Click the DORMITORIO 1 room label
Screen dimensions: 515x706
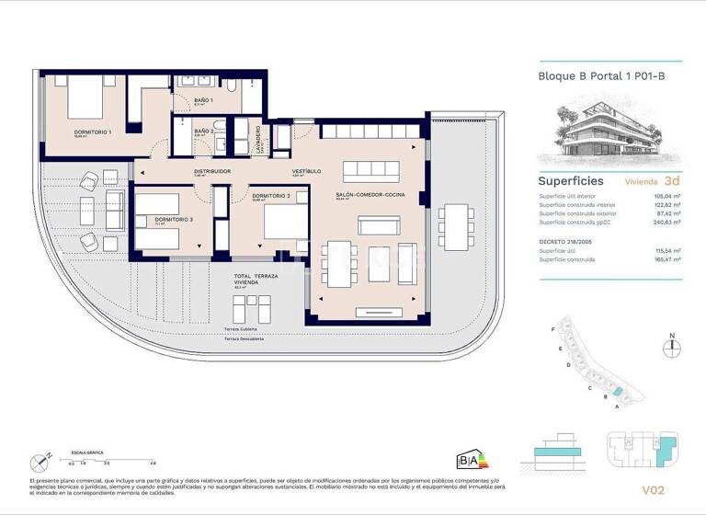pos(92,132)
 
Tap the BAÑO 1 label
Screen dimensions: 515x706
pos(203,99)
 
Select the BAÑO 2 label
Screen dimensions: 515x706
pos(203,132)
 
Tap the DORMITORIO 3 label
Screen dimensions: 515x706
pos(174,220)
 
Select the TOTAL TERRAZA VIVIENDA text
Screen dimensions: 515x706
pos(253,280)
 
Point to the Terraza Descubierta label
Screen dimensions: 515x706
pos(245,338)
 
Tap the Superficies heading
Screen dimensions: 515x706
pos(570,181)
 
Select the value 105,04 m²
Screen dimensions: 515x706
pos(666,196)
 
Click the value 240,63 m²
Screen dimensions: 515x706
pos(666,222)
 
